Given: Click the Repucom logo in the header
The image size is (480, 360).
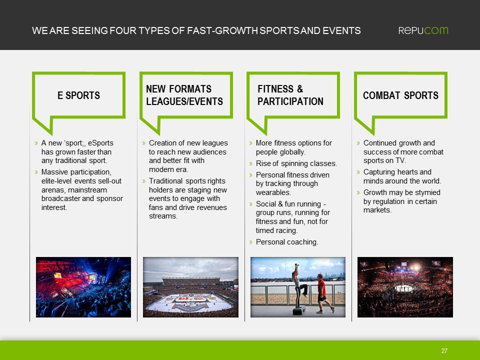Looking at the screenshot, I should pos(423,30).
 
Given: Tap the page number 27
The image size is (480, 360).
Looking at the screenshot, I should pos(444,351).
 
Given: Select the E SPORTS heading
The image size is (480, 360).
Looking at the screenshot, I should pos(78,95).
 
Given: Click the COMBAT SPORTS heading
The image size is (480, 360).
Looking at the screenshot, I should pos(400,95).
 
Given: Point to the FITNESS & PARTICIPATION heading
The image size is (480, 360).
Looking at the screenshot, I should pos(290,95).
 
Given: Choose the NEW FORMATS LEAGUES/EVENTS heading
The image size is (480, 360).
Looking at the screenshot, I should pos(184,95).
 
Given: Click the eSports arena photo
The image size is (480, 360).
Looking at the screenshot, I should pos(83,287).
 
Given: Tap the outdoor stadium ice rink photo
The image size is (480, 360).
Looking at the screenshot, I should pos(190,287).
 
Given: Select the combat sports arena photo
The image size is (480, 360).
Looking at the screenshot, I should pos(405,287).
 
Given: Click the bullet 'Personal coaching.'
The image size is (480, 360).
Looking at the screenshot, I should pos(286,242).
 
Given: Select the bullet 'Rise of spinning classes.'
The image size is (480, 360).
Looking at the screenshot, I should pos(296,163).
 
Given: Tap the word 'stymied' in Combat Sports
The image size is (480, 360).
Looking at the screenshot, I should pos(426,192).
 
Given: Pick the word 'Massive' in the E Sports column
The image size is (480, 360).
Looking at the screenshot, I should pos(54,172).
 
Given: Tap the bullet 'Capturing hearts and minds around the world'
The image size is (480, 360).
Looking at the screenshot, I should pos(402,176).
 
